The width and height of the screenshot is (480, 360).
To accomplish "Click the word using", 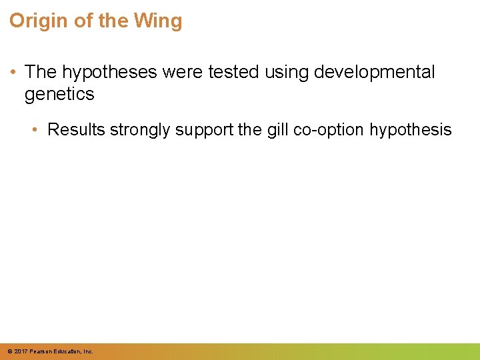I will pos(286,73).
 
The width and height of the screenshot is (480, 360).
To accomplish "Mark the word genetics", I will pos(59,95).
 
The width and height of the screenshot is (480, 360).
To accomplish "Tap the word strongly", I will pos(141,129).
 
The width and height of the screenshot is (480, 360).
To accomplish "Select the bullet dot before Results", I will pos(37,129).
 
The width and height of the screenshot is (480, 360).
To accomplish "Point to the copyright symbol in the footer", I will pos(10,351).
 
